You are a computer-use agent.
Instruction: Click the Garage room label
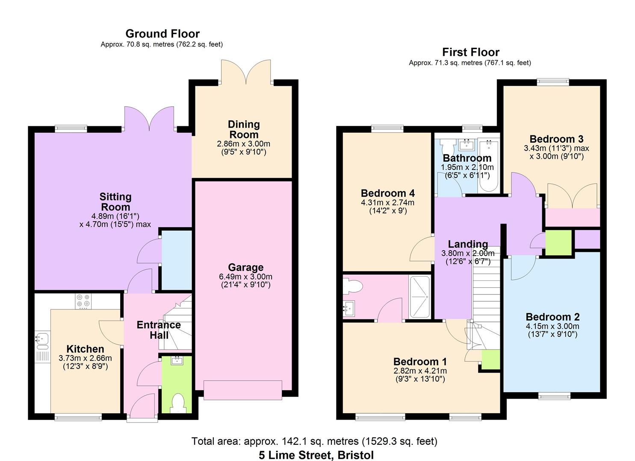coord(245,268)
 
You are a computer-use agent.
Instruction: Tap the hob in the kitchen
coord(83,301)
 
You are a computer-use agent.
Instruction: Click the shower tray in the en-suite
coord(419,297)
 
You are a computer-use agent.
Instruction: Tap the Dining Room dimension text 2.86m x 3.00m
coord(243,144)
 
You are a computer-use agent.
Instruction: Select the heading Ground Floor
coord(162,34)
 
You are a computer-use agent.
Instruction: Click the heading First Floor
coord(470,52)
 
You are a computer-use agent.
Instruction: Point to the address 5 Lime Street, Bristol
coord(316,455)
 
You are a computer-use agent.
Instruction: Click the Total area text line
coord(314,441)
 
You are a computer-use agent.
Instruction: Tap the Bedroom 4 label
coord(387,193)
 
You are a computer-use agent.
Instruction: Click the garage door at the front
coord(242,390)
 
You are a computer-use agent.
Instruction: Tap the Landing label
coord(468,244)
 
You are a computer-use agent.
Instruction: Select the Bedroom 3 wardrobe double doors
coord(572,196)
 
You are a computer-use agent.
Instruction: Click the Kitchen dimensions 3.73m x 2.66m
coord(85,358)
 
